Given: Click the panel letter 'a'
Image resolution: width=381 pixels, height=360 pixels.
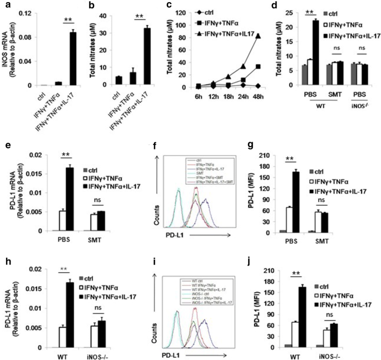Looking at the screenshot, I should [x=5, y=6].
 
